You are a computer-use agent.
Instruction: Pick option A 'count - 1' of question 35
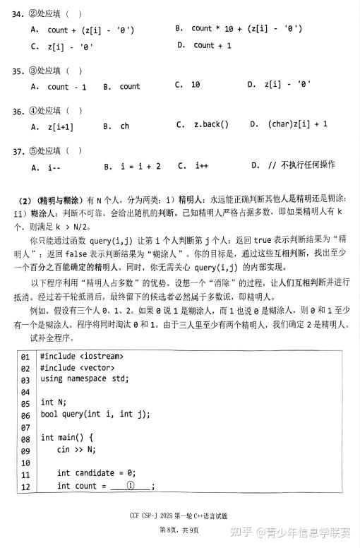click(x=59, y=87)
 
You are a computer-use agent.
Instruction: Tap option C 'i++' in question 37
click(x=192, y=165)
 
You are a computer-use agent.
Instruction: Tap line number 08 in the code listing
click(x=25, y=438)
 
